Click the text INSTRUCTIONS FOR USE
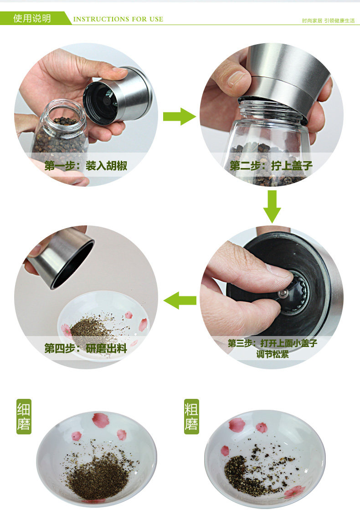pos(118,19)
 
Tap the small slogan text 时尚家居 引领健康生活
pos(328,21)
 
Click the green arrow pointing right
pos(180,117)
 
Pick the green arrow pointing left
pos(180,300)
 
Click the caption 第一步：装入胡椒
pos(86,165)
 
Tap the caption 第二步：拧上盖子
pos(271,165)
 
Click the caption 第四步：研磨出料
pos(86,348)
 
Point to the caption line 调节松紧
pos(272,354)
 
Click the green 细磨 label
pos(24,417)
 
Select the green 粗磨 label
pos(191,417)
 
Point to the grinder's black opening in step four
pos(72,265)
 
